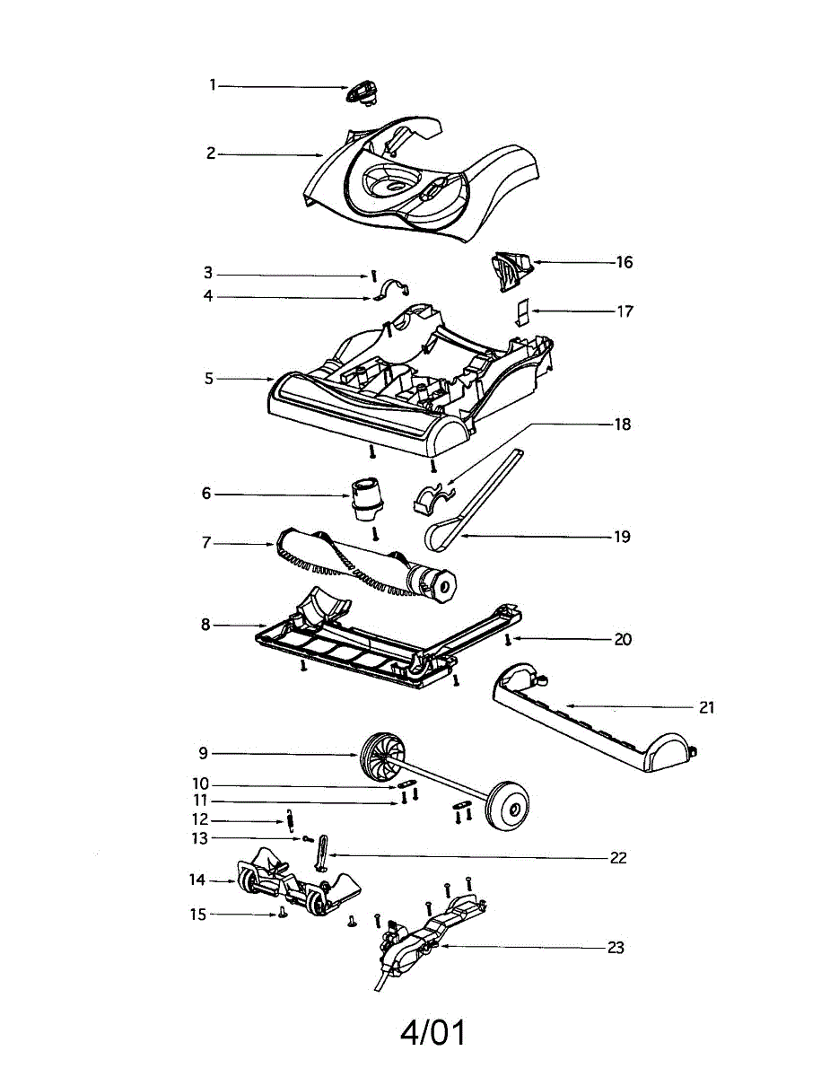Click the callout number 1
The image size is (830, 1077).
[x=213, y=85]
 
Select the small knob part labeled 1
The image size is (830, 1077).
[x=362, y=92]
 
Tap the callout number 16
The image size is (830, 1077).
[x=625, y=262]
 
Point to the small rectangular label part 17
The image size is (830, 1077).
[x=522, y=312]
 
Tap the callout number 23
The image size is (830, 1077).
[x=616, y=948]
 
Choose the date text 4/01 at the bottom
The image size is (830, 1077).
[x=434, y=1034]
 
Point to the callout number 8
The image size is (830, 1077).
[x=205, y=625]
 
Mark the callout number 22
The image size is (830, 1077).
[x=618, y=858]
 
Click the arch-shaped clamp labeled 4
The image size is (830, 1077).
[x=392, y=290]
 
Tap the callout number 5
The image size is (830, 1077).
[x=209, y=379]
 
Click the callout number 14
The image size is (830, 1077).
[x=197, y=880]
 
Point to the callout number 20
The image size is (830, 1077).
[x=623, y=640]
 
